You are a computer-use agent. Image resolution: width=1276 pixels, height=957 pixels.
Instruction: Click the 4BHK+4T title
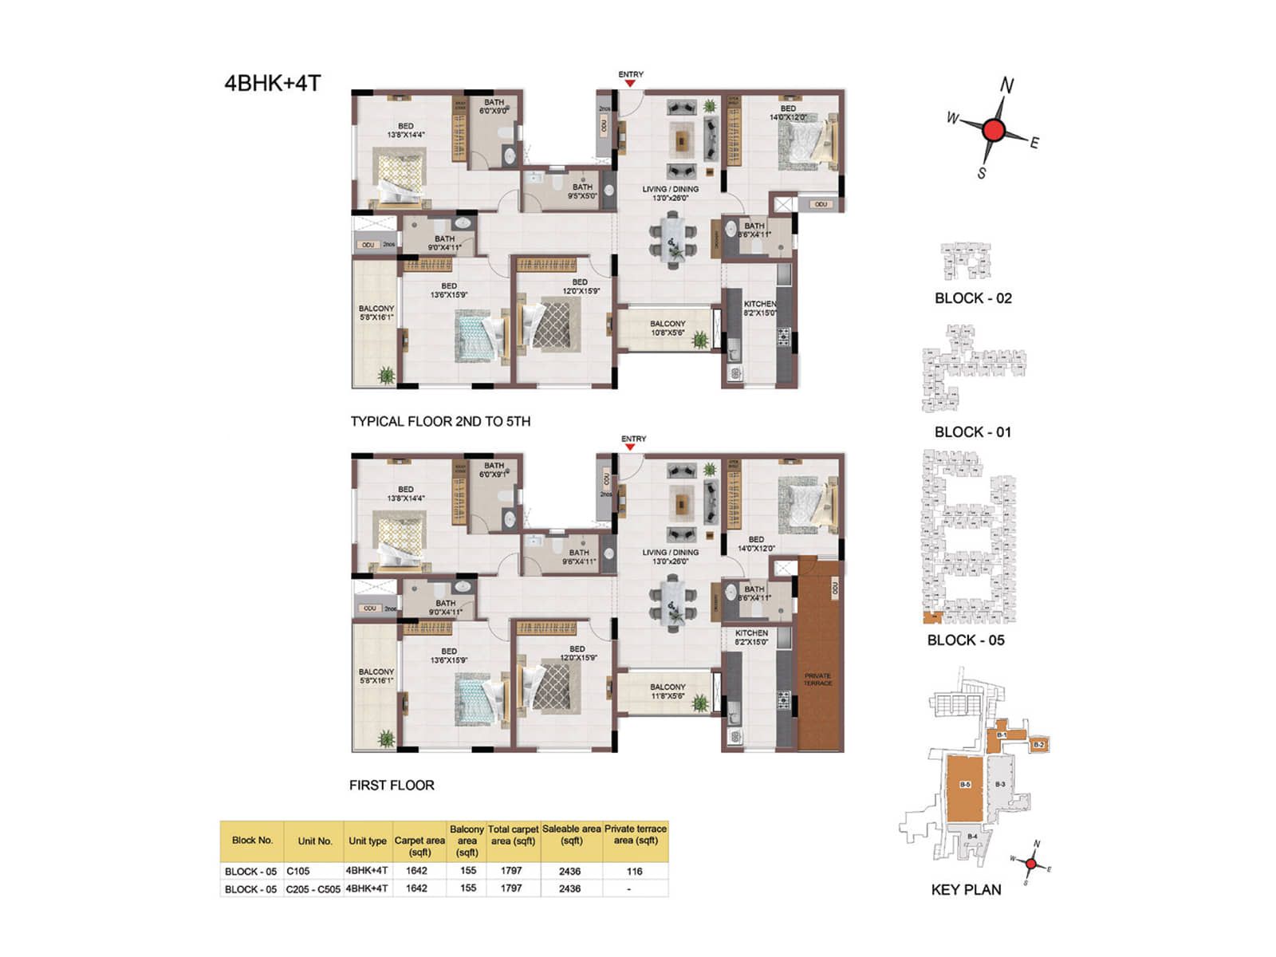coord(272,83)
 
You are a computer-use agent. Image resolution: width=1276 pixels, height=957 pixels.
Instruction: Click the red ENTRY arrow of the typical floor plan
coord(630,84)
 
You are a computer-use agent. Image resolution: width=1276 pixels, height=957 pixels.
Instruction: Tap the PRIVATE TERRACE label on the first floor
coord(817,679)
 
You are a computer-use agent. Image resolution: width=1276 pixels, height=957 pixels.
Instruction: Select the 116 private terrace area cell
coord(634,871)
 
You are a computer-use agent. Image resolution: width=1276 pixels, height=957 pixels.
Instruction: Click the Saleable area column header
coord(571,834)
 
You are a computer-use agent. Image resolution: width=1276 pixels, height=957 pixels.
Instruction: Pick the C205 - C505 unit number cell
coord(313,888)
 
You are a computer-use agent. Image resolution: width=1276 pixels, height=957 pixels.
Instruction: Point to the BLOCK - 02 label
coord(973,298)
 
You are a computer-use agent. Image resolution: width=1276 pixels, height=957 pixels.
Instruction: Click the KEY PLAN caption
coord(966,890)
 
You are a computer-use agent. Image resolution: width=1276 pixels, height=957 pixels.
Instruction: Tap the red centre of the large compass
coord(993,131)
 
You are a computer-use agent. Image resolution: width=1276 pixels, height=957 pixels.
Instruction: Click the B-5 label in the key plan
coord(965,785)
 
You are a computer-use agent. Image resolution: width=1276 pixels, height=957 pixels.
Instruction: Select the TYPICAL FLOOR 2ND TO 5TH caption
coord(440,421)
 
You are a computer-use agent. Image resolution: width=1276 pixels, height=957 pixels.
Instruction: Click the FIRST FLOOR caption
coord(392,785)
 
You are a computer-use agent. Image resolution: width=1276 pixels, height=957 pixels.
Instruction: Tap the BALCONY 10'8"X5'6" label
coord(668,328)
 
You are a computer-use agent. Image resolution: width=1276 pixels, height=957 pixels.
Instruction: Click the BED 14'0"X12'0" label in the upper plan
coord(788,112)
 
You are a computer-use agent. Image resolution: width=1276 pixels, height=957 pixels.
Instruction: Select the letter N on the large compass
coord(1007,86)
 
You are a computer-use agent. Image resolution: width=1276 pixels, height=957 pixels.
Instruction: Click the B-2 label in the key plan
coord(1038,745)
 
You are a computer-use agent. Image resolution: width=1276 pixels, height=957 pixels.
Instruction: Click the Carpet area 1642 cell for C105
coord(416,871)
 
